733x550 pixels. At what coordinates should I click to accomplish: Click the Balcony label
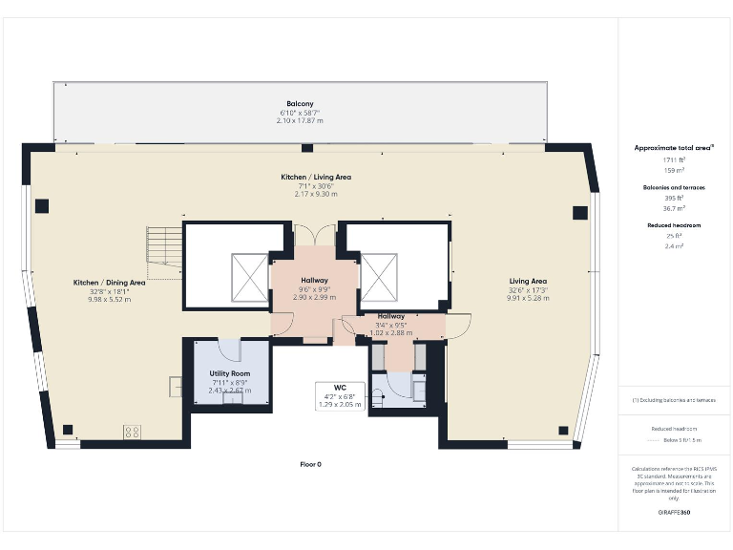tap(300, 103)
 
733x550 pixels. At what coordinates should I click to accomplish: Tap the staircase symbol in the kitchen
tap(163, 249)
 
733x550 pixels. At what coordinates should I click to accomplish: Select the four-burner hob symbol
tap(132, 432)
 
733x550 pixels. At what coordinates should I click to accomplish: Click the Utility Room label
tap(230, 373)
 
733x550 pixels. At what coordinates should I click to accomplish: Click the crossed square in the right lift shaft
tap(377, 278)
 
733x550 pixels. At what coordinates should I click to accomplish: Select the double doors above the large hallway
tap(315, 236)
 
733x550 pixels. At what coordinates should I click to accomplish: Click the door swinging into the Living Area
tap(458, 326)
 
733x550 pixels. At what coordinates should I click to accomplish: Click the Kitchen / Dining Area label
tap(110, 283)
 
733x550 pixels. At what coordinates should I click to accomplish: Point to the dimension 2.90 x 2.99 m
tap(314, 298)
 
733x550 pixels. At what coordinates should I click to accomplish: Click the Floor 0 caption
tap(311, 464)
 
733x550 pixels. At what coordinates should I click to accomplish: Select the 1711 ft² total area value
tap(674, 160)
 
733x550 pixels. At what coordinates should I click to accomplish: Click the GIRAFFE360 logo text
tap(674, 513)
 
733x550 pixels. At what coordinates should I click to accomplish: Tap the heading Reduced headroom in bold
tap(674, 226)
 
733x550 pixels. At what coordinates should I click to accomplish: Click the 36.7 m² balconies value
tap(674, 207)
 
